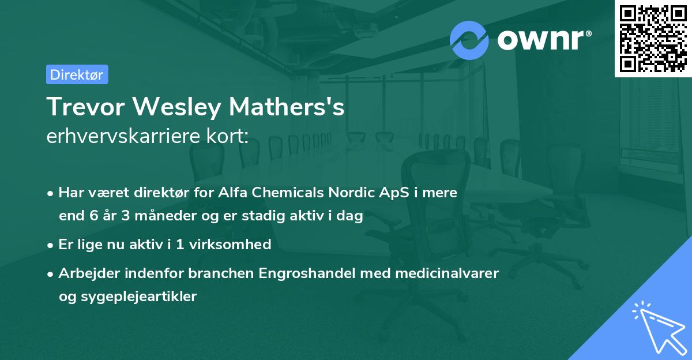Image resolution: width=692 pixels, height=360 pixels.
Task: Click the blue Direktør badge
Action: (x=77, y=74)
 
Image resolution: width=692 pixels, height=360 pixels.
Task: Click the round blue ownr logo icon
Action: (x=469, y=40)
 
